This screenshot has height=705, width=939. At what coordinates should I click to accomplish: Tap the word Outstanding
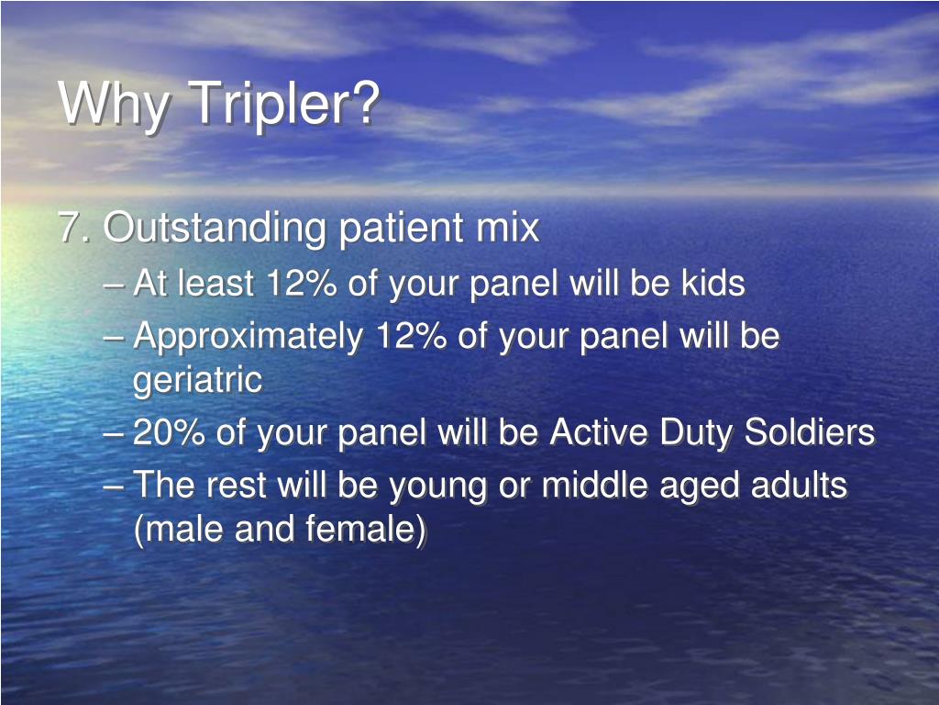click(x=214, y=228)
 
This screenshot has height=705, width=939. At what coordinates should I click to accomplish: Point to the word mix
click(x=507, y=228)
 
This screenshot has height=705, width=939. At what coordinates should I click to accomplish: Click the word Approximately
click(x=248, y=337)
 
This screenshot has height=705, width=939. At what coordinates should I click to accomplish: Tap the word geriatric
click(x=197, y=380)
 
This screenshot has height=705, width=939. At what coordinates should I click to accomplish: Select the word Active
click(x=594, y=432)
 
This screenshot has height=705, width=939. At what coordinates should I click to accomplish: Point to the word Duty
click(x=691, y=432)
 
